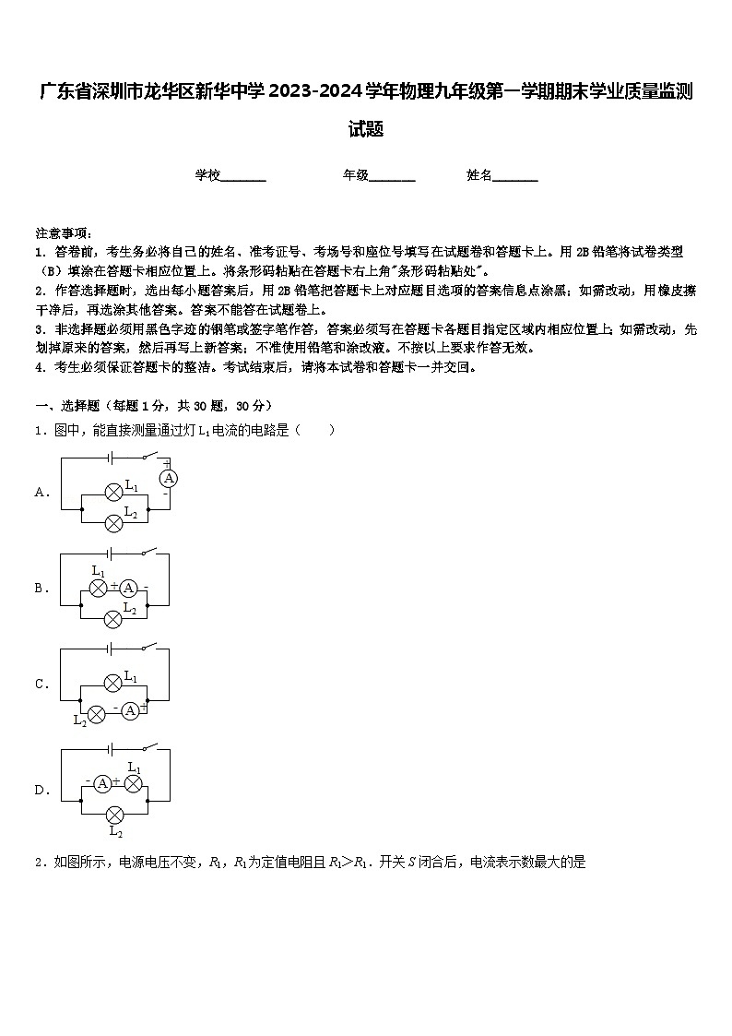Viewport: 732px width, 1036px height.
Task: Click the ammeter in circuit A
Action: coord(169,477)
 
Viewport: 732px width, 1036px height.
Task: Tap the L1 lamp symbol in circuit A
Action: coord(113,492)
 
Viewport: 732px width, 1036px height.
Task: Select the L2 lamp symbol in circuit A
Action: coord(113,522)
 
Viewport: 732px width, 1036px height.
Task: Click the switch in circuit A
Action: coord(150,456)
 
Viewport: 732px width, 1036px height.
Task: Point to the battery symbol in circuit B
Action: coord(110,554)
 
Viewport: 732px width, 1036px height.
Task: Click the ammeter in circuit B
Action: coord(129,588)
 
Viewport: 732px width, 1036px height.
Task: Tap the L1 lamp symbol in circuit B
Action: coord(99,588)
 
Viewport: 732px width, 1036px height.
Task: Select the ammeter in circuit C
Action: coord(130,710)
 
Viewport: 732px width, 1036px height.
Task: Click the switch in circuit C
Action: coord(150,649)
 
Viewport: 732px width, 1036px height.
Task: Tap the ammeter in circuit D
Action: coord(102,783)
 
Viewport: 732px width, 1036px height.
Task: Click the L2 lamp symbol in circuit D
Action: coord(115,815)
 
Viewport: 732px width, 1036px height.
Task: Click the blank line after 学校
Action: coord(243,175)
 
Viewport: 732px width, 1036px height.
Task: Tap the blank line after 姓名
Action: coord(515,175)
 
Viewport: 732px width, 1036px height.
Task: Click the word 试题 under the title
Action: coord(366,129)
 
